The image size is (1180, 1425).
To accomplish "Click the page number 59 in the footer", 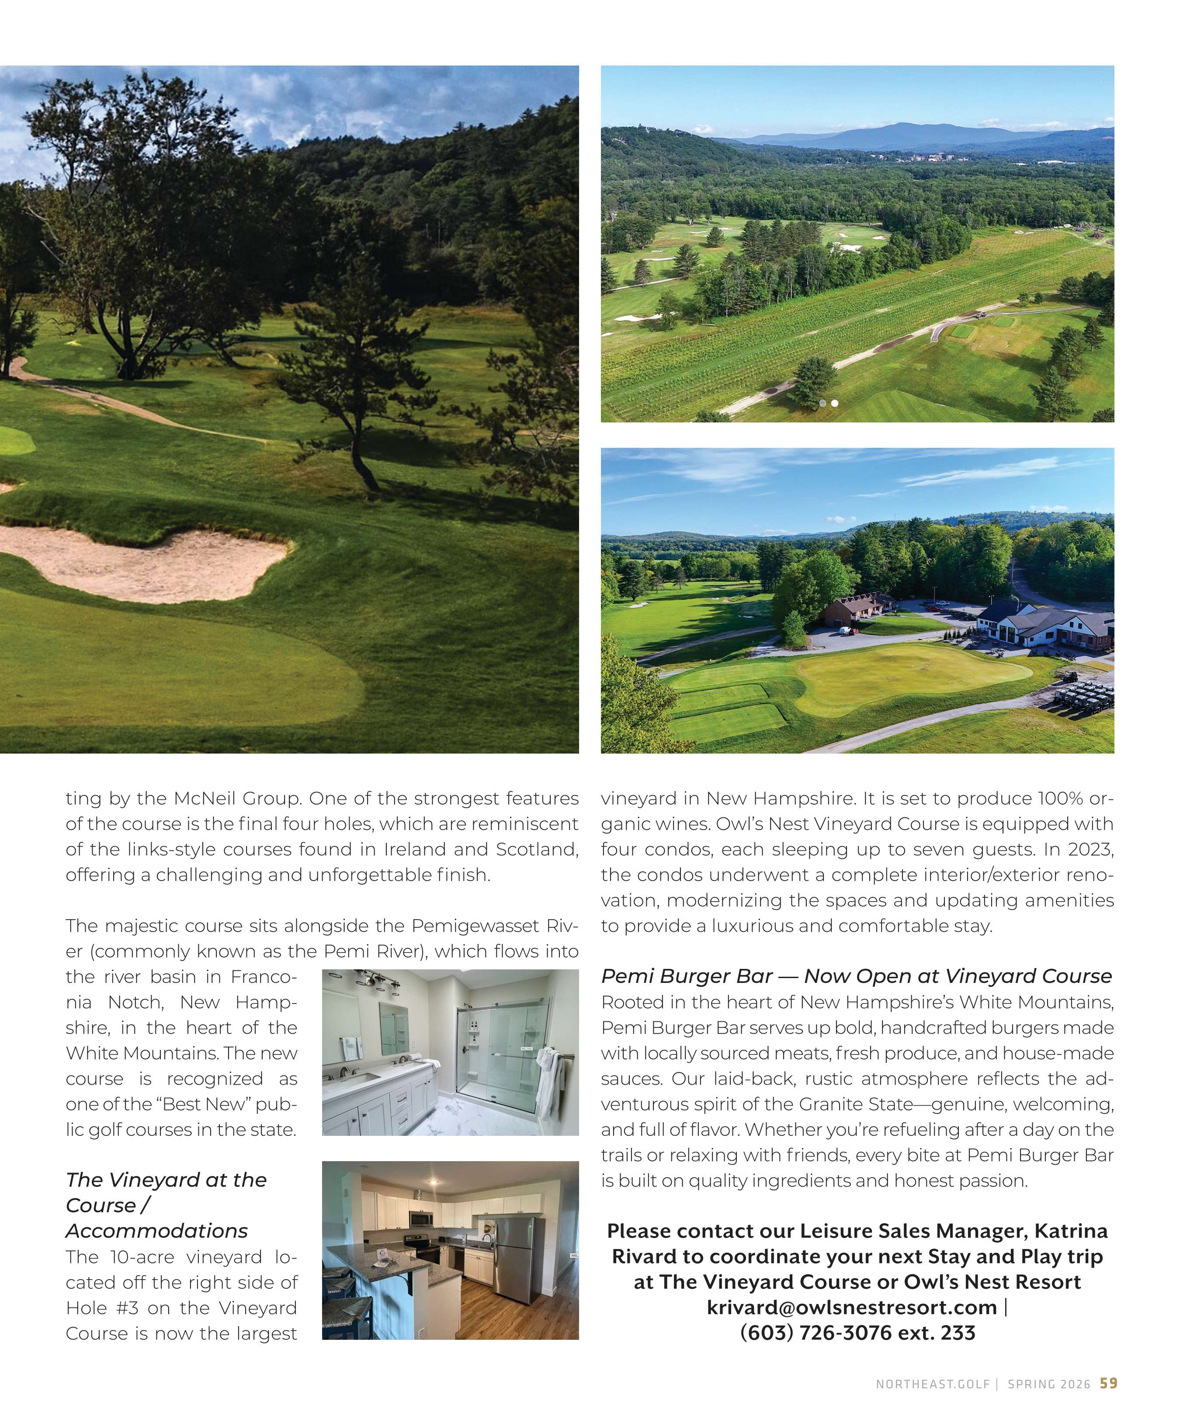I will click(x=1109, y=1383).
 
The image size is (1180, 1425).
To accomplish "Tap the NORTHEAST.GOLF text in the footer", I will click(x=932, y=1384).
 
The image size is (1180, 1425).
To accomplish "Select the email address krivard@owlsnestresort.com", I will click(x=851, y=1307).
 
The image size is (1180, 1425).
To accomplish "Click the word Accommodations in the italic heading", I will click(x=157, y=1230).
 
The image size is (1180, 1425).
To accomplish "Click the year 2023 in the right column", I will click(x=1090, y=849).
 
